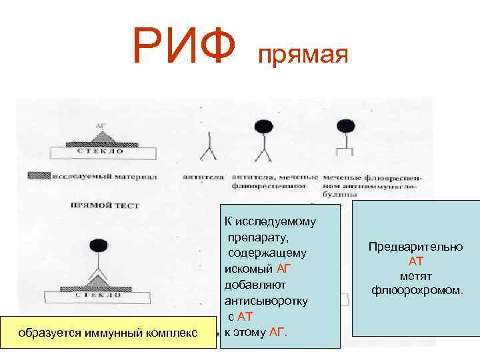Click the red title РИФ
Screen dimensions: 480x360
(184, 47)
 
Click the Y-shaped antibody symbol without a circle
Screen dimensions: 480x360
(208, 148)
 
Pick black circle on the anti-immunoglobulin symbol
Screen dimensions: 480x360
(345, 125)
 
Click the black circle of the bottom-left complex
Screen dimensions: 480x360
(100, 245)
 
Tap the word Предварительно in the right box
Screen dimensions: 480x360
(415, 247)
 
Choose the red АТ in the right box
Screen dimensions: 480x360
(416, 261)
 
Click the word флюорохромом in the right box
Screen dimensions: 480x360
(416, 291)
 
